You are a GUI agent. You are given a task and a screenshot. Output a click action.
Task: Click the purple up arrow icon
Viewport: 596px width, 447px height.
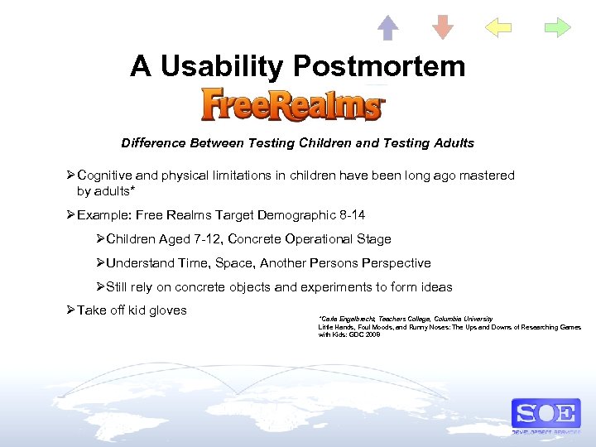[387, 27]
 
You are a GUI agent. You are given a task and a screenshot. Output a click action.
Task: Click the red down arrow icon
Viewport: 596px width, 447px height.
[443, 27]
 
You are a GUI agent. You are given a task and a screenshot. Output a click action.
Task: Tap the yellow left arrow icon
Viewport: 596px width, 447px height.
[498, 28]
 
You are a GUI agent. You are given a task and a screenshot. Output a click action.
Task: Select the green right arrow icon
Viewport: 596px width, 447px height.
[557, 28]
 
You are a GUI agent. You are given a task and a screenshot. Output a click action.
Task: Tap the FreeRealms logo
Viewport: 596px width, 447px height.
[293, 106]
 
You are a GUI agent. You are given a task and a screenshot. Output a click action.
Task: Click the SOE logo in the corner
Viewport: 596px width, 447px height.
[546, 413]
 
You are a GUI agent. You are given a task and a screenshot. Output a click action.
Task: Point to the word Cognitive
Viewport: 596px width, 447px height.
[106, 175]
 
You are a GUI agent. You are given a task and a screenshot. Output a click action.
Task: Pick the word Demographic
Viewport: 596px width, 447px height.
[293, 215]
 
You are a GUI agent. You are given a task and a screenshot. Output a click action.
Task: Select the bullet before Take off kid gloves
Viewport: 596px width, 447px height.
[70, 310]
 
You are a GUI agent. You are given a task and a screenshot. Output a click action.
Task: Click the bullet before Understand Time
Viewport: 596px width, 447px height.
[100, 263]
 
